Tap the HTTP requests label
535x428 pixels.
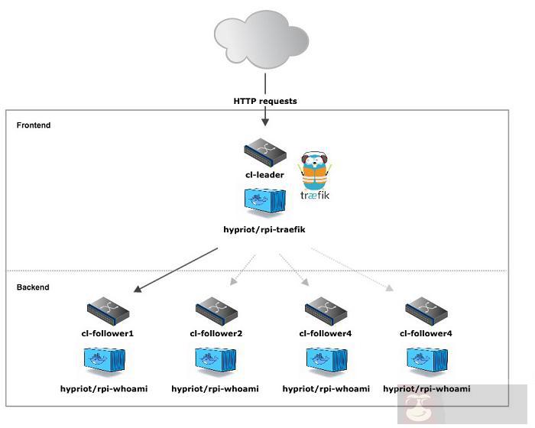265,101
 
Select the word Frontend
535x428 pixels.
34,125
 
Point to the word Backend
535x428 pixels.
33,287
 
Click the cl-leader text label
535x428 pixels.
264,175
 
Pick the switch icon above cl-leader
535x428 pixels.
264,154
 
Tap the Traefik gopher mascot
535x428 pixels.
315,170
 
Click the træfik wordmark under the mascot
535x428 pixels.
315,195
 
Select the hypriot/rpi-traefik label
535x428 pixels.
264,229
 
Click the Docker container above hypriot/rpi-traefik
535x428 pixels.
264,203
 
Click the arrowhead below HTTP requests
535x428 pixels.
265,120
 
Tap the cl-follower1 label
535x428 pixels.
109,334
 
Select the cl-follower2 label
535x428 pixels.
216,334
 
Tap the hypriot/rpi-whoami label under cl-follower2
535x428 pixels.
215,389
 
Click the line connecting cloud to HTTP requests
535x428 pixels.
265,83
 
